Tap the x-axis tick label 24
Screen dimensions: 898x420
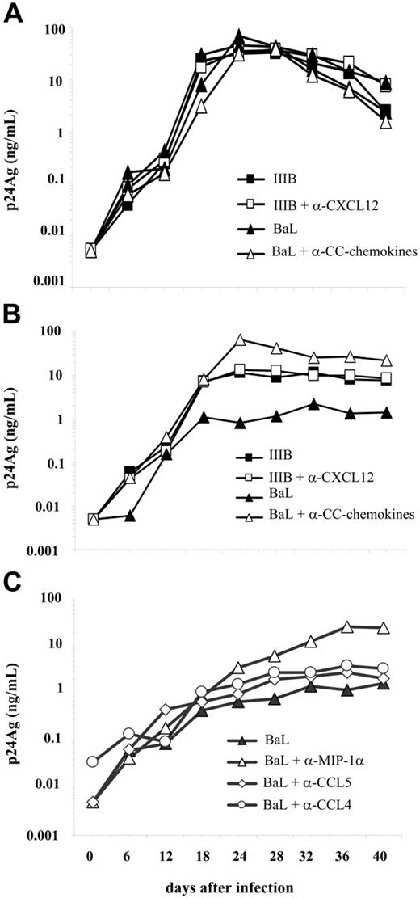click(x=239, y=854)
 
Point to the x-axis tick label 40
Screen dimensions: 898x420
click(x=385, y=854)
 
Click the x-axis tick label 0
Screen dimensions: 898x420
click(x=92, y=854)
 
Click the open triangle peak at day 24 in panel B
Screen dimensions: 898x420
click(x=239, y=340)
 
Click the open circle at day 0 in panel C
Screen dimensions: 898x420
click(x=92, y=761)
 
